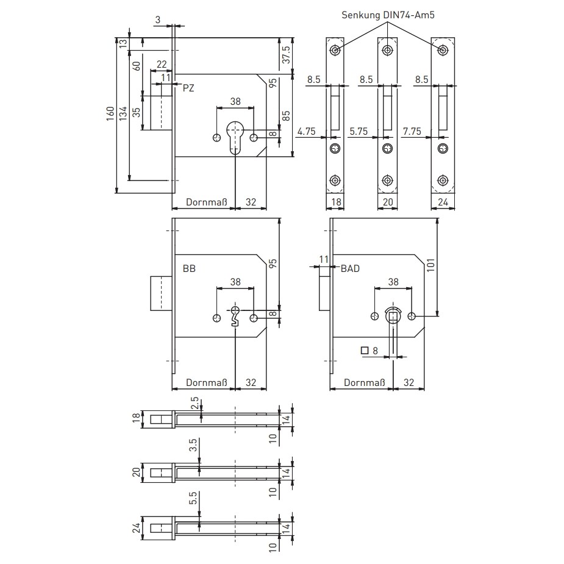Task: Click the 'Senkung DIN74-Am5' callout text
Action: (x=388, y=15)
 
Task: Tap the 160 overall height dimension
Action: (x=110, y=113)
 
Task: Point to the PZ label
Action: (x=188, y=88)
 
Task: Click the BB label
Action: (x=189, y=269)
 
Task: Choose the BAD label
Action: (x=350, y=269)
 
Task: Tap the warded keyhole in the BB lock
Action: (x=235, y=316)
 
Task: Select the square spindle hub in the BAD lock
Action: (x=393, y=316)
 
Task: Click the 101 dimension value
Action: (x=431, y=265)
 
